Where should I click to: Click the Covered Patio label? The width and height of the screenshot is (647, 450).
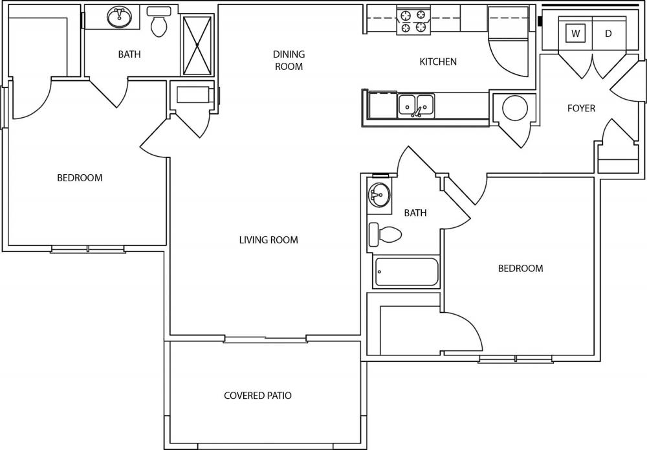point(258,396)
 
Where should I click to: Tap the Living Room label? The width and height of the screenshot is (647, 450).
point(269,240)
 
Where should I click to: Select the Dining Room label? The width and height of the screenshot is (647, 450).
point(289,60)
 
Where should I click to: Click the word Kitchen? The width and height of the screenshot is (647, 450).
point(438,62)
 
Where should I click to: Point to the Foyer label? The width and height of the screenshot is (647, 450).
point(581,108)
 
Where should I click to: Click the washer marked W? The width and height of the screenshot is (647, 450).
point(575,34)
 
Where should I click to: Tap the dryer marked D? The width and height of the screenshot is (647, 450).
point(609,34)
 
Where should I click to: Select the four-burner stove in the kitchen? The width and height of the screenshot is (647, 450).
point(413,21)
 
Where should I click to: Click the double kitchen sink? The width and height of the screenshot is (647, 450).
point(416,106)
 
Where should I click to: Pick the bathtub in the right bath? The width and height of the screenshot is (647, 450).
point(406,272)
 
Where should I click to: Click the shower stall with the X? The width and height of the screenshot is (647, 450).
point(197,45)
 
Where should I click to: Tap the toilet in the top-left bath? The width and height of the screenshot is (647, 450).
point(159,22)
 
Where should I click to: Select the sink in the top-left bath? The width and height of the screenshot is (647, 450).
point(120,17)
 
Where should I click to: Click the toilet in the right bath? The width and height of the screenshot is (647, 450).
point(385,234)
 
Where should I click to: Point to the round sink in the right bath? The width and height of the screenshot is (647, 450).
point(378,194)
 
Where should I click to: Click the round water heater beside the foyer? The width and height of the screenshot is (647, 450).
point(515,108)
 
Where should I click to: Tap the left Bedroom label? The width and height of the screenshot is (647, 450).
point(80,178)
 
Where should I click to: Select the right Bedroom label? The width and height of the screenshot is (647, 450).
point(520,268)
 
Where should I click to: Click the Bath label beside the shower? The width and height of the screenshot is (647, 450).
point(129,54)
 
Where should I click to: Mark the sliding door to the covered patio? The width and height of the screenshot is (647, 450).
point(265,339)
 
